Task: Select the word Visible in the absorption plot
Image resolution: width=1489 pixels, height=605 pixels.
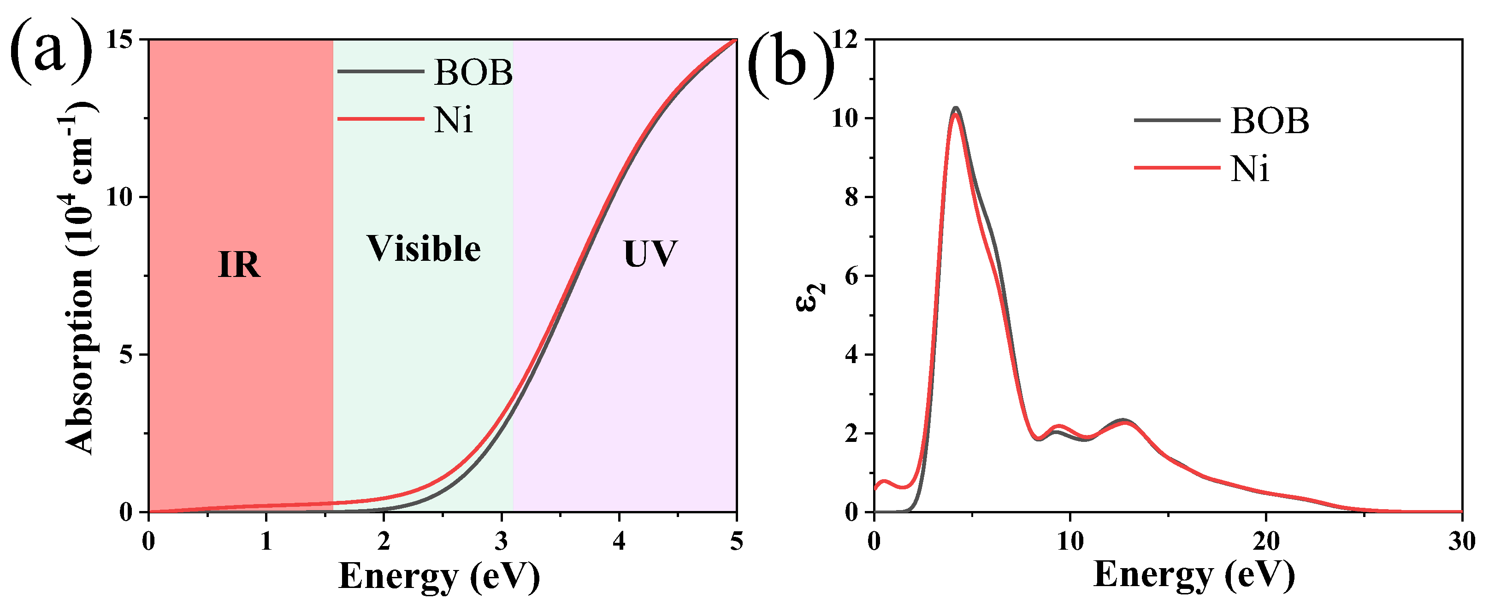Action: pyautogui.click(x=424, y=249)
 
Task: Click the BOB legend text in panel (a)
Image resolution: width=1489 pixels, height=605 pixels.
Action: pyautogui.click(x=473, y=73)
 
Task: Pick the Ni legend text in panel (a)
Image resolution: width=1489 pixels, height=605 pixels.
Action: pyautogui.click(x=453, y=120)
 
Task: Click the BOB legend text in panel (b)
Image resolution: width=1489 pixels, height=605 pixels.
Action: pyautogui.click(x=1270, y=121)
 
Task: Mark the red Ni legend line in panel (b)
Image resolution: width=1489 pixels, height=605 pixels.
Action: pyautogui.click(x=1177, y=168)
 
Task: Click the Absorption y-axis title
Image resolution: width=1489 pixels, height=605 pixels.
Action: pyautogui.click(x=80, y=277)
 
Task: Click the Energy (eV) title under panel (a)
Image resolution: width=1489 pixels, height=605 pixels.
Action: pyautogui.click(x=439, y=576)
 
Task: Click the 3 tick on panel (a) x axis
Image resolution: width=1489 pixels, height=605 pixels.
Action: pyautogui.click(x=501, y=541)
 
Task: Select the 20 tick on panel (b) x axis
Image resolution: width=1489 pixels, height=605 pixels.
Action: pyautogui.click(x=1266, y=541)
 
